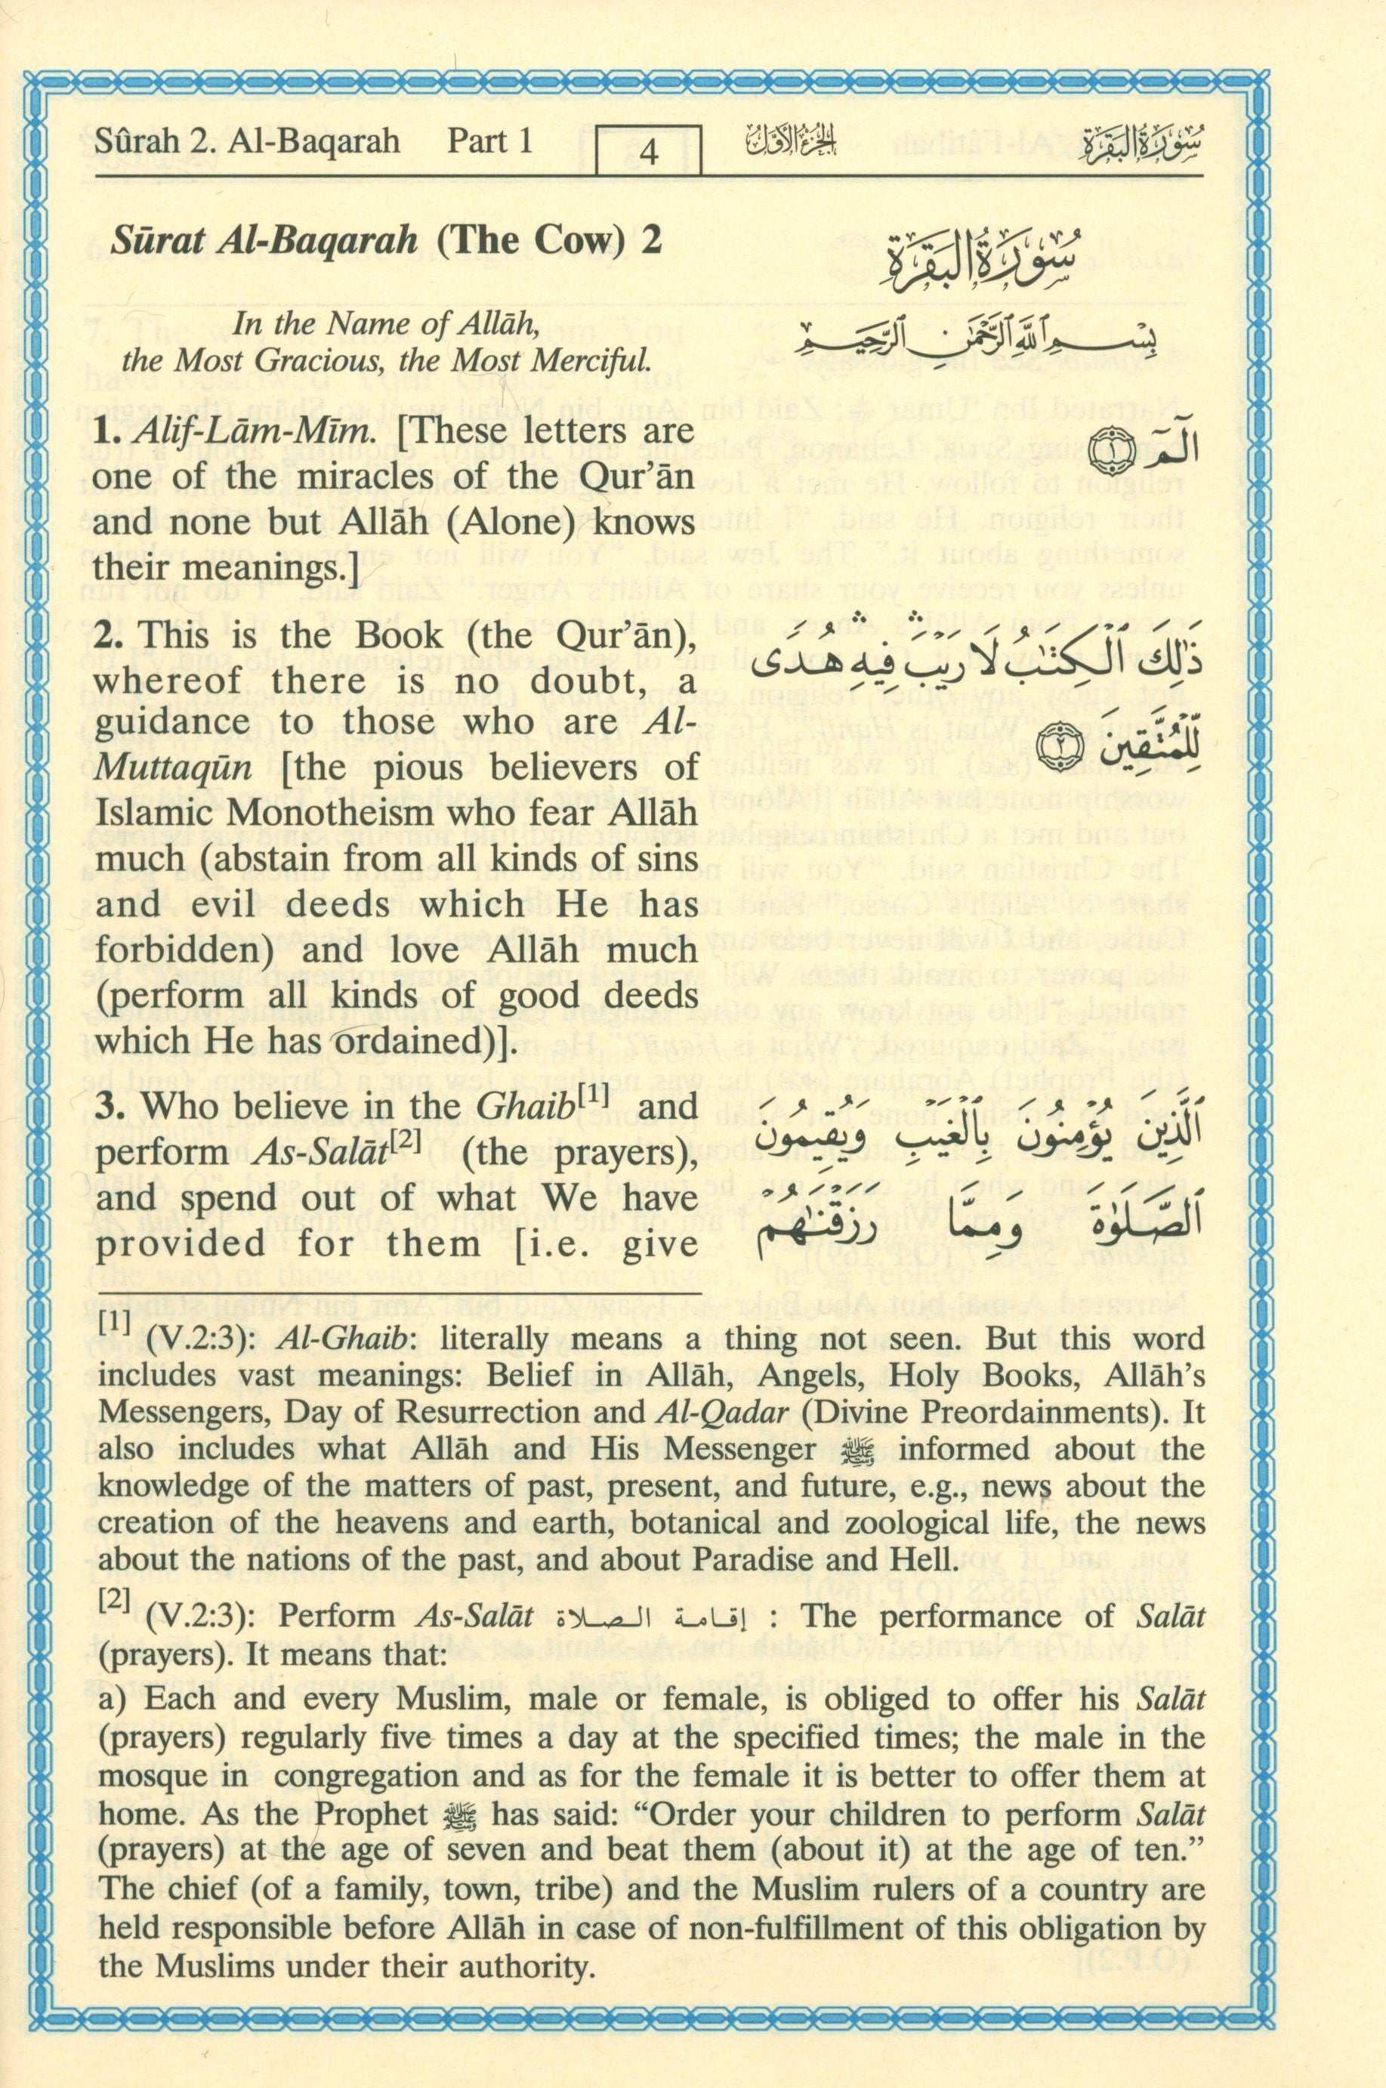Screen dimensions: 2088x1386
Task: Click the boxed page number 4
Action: point(648,152)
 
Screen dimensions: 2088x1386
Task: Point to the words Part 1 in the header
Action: point(489,141)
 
